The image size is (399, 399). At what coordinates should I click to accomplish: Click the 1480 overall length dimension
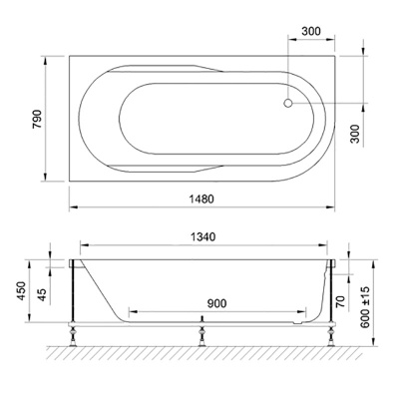tap(201, 199)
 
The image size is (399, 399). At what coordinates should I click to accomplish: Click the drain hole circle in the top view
tap(289, 101)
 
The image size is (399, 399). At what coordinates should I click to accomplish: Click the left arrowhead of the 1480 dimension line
tap(71, 207)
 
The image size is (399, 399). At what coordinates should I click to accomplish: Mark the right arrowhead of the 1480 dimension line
tap(332, 207)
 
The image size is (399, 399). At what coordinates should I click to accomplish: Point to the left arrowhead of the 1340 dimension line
tap(81, 246)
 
